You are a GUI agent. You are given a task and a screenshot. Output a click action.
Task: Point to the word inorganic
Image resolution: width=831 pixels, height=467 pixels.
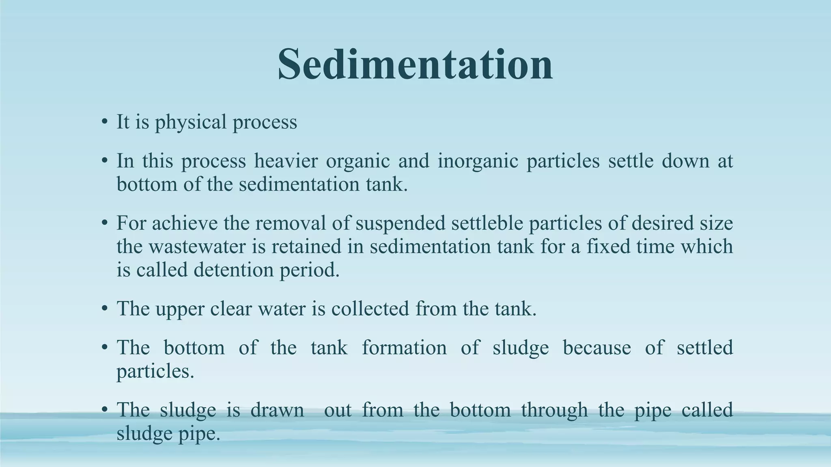click(478, 161)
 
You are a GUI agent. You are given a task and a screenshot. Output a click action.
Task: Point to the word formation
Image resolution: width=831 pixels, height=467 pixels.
click(404, 348)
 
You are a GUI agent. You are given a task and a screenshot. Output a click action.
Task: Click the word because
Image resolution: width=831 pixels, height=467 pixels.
click(596, 348)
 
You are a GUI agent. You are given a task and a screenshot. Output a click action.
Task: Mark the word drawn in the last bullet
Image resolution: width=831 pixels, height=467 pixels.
click(277, 410)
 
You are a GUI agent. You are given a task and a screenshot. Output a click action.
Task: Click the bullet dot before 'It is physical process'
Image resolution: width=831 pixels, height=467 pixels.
click(105, 122)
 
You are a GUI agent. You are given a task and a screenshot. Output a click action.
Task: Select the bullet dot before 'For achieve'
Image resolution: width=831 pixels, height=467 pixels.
click(105, 223)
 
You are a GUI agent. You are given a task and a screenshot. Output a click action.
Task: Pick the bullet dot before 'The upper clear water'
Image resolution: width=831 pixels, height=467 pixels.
click(105, 309)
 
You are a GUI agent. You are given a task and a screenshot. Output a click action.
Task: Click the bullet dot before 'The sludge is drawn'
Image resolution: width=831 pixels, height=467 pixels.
click(105, 410)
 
